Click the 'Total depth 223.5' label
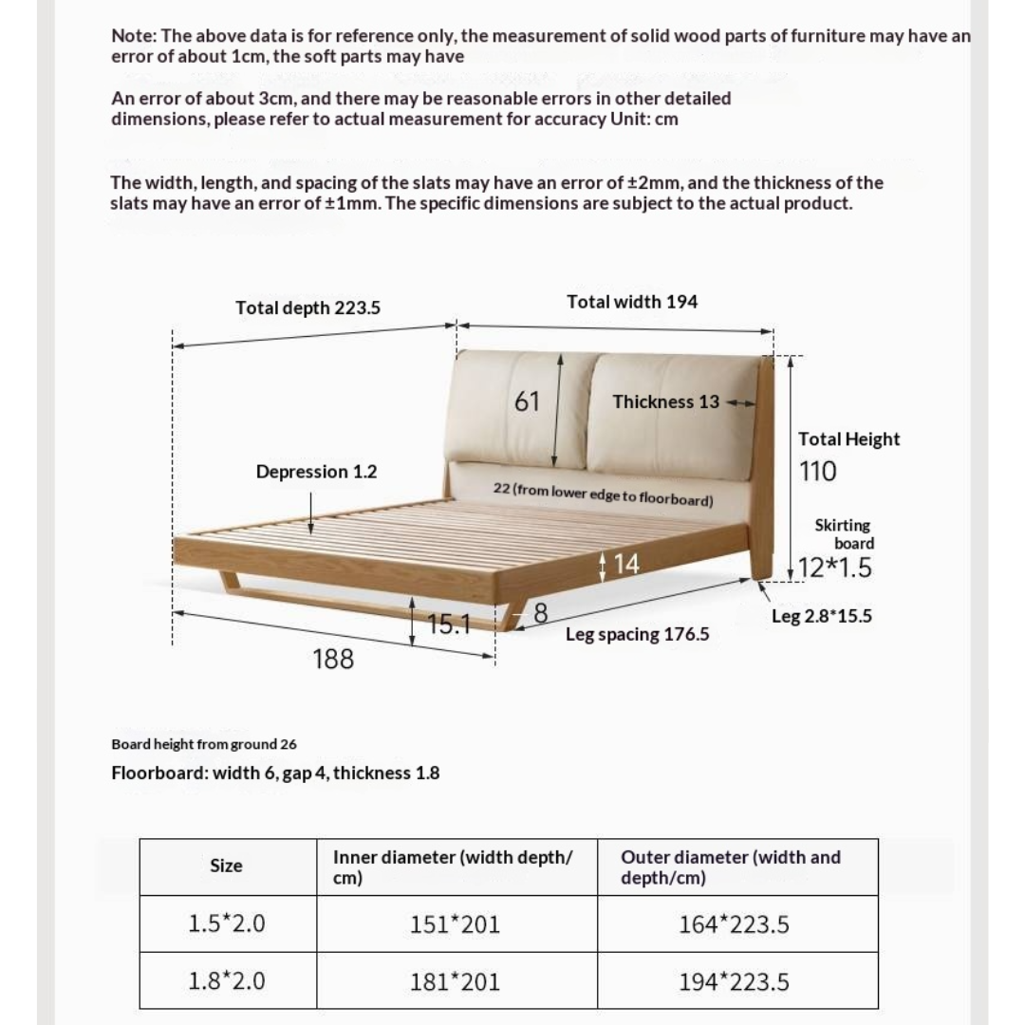point(308,307)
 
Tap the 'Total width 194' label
point(631,302)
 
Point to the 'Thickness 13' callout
point(666,401)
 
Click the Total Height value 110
point(817,472)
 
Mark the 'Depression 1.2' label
point(316,472)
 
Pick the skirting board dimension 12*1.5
point(834,568)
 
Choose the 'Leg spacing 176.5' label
point(637,634)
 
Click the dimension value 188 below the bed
point(333,659)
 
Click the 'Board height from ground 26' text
point(204,744)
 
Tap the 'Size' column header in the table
point(226,866)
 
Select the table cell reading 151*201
point(455,924)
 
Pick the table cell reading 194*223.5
point(734,982)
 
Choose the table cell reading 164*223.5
point(734,924)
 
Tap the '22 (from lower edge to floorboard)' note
point(603,494)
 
